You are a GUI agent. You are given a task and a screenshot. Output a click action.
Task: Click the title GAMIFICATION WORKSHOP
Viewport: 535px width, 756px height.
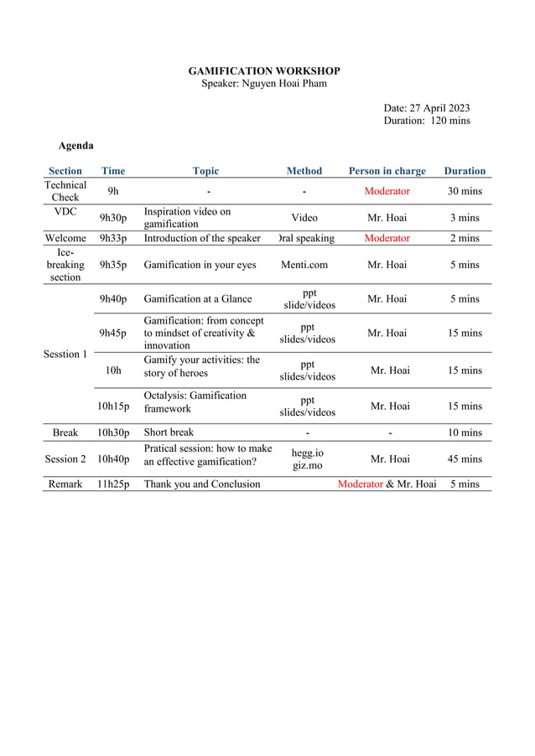click(264, 71)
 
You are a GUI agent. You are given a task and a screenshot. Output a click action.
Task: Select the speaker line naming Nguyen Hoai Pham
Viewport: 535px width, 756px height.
click(264, 84)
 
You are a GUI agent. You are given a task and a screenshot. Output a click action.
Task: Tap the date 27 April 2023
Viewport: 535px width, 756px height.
click(426, 108)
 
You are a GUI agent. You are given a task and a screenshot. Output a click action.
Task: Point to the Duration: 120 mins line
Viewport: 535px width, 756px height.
click(426, 121)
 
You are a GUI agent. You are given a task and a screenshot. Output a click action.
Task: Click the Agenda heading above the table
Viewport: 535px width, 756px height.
click(75, 146)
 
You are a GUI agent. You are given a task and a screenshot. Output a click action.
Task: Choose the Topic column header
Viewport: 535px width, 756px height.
click(205, 171)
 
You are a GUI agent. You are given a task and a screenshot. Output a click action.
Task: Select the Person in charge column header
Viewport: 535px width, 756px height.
click(387, 171)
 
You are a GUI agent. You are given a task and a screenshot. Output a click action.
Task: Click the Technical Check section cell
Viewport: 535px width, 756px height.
click(65, 191)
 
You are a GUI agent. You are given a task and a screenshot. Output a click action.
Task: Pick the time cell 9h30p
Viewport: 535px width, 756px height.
click(113, 218)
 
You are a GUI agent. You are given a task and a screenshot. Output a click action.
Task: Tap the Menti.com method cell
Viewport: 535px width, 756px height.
click(304, 265)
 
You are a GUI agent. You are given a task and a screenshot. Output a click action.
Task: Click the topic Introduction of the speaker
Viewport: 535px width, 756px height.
click(202, 238)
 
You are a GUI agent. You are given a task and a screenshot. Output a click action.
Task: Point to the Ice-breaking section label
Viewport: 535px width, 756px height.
click(65, 265)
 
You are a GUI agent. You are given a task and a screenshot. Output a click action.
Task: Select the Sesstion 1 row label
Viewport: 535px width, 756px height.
click(65, 355)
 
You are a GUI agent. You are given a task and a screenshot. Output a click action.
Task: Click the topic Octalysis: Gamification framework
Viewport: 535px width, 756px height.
click(195, 402)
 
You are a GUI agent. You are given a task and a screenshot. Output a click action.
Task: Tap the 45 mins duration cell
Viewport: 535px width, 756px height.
click(465, 459)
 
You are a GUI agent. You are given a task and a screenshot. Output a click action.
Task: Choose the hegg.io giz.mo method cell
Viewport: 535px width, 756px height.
click(307, 459)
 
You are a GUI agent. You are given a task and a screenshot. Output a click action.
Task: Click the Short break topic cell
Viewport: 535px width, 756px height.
click(169, 432)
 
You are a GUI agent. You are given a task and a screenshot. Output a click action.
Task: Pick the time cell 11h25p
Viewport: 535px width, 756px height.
click(113, 484)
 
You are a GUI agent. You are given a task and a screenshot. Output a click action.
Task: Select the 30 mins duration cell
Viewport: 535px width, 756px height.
click(465, 191)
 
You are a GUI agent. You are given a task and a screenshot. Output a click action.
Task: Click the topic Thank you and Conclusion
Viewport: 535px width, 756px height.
click(202, 484)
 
